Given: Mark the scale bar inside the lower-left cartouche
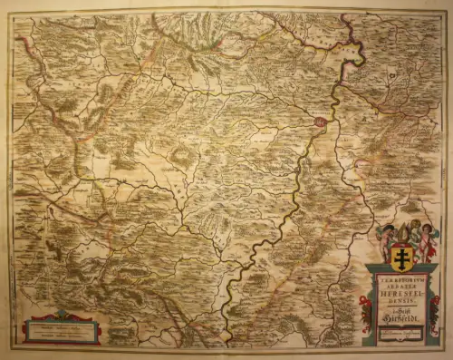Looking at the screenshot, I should (63, 327).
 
